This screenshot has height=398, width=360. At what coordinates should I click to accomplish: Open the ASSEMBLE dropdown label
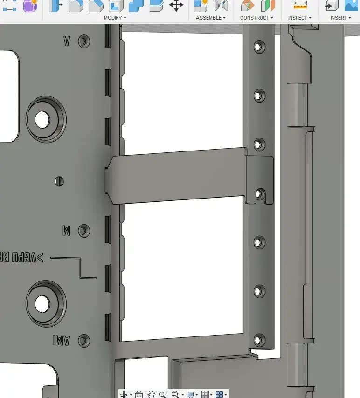point(210,18)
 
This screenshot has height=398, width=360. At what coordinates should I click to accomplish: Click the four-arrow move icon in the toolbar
point(176,6)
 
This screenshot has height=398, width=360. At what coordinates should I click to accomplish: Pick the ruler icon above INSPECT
point(300,5)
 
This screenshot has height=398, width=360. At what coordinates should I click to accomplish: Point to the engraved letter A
point(67,41)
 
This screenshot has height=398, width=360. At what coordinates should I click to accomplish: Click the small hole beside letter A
point(84,41)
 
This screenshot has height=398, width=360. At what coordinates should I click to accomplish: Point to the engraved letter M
point(66,230)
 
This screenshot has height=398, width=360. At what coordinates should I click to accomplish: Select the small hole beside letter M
point(84,230)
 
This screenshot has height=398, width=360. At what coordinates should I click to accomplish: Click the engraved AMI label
point(61,341)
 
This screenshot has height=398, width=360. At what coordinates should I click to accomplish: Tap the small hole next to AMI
point(84,340)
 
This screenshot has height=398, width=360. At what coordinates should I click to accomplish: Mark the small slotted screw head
point(60,181)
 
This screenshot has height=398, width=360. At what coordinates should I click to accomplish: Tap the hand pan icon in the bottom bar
point(151,394)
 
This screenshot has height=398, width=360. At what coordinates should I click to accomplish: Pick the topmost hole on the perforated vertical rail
point(259,47)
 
